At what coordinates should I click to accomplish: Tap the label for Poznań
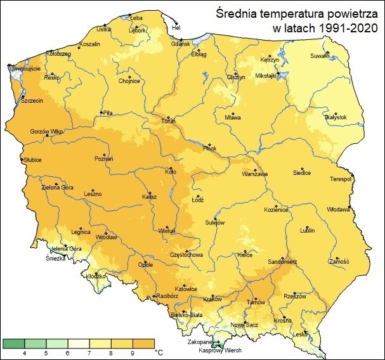[x=103, y=159]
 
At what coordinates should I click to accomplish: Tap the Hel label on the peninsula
[x=177, y=27]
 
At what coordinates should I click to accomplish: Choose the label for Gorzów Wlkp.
[x=44, y=132]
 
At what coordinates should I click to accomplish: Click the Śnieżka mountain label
[x=55, y=259]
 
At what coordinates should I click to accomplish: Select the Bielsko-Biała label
[x=186, y=314]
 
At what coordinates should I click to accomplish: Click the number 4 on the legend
[x=24, y=352]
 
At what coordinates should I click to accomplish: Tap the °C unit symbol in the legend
[x=159, y=352]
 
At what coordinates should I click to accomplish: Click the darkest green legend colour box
[x=13, y=343]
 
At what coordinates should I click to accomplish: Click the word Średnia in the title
[x=238, y=13]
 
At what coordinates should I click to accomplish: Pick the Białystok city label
[x=335, y=117]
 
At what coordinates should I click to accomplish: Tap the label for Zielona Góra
[x=58, y=187]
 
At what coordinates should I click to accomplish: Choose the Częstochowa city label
[x=185, y=255]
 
